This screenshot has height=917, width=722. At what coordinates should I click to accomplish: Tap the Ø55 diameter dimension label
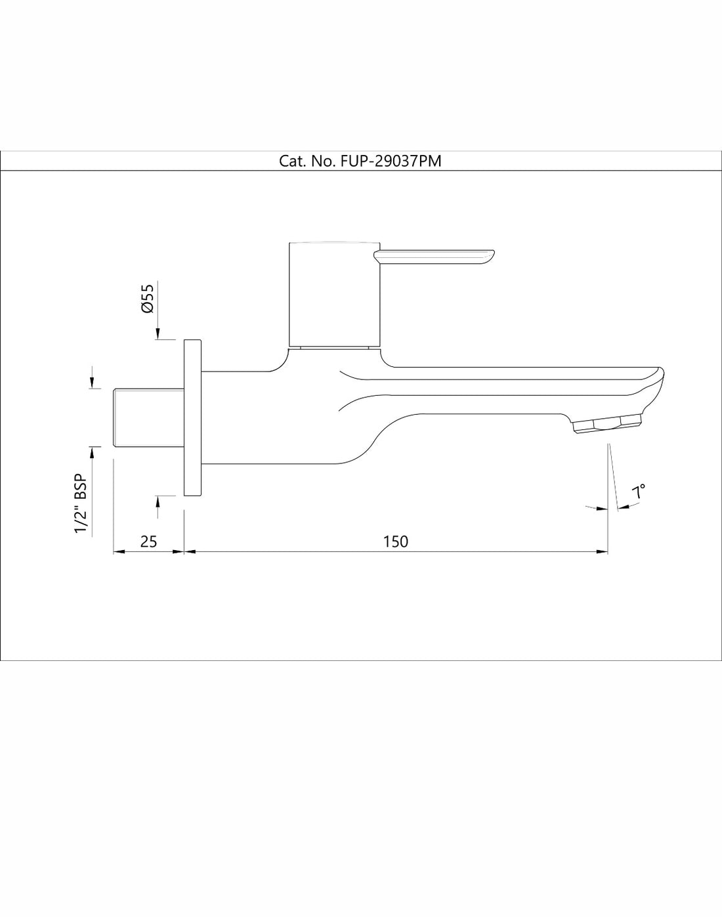148,299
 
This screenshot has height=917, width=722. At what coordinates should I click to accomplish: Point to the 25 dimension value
149,542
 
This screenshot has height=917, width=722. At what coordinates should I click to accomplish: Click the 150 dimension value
396,542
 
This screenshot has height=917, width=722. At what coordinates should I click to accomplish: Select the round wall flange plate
192,418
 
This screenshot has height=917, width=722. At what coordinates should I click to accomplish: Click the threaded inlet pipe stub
148,418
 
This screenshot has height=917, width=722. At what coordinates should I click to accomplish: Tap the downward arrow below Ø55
157,334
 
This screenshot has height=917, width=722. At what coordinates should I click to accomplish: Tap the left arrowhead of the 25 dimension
119,552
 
